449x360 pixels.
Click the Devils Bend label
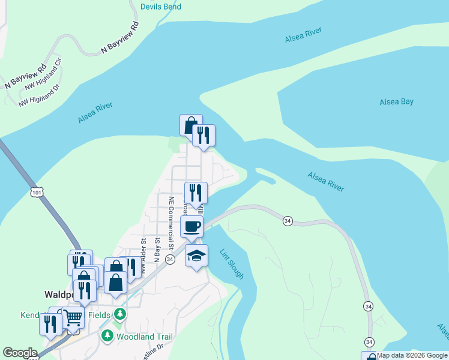tap(160, 7)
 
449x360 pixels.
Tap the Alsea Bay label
tap(396, 102)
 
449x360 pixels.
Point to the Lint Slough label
tap(232, 264)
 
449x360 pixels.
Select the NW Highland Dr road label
tap(40, 95)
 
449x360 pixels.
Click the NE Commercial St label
tap(171, 223)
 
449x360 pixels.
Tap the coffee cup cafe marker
tap(192, 227)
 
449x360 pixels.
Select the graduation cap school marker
tap(197, 256)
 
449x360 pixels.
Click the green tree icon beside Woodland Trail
tap(107, 335)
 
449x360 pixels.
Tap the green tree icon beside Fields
tap(120, 314)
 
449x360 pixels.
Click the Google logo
tap(20, 353)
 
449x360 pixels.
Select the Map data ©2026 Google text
tap(412, 355)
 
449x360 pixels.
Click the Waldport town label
tap(59, 295)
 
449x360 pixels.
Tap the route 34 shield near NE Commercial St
tap(170, 259)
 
